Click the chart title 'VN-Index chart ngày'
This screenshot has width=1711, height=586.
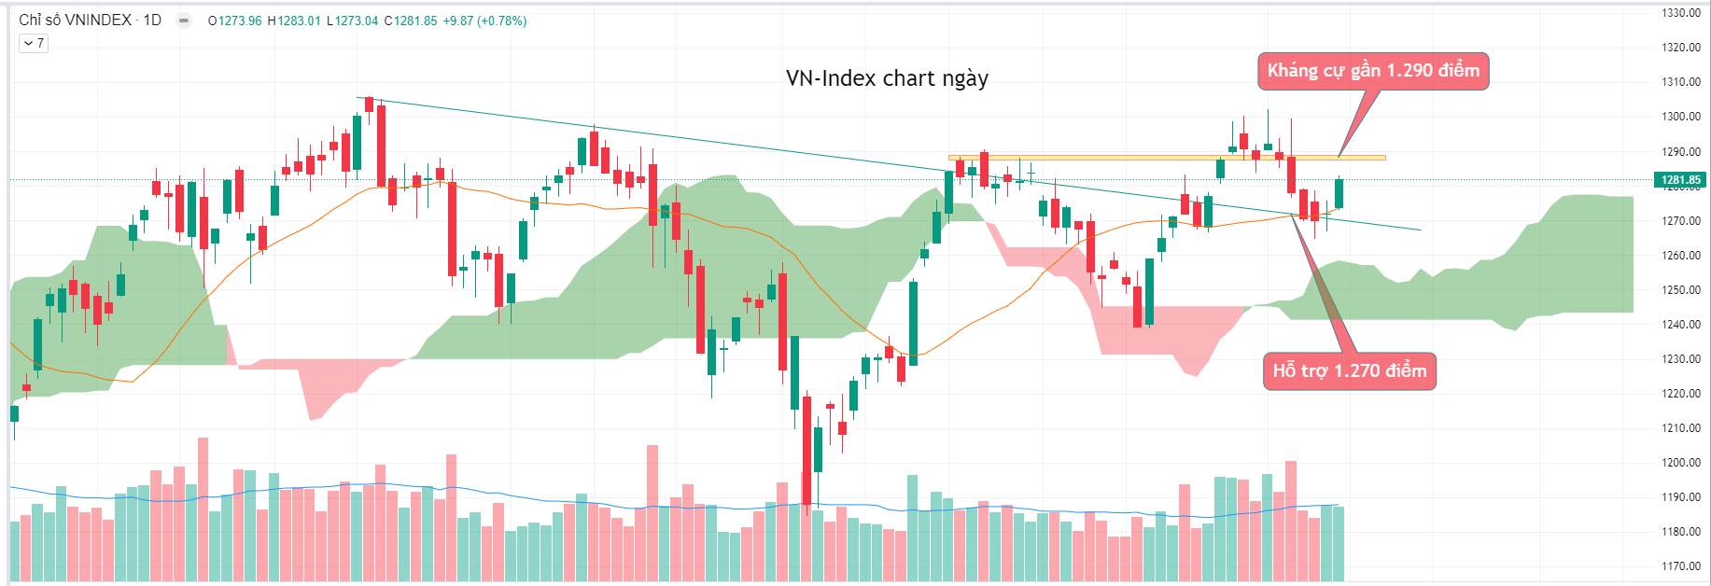[x=887, y=78]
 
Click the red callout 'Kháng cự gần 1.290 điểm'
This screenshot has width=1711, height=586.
[x=1373, y=71]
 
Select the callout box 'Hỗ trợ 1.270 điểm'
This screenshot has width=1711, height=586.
[x=1349, y=371]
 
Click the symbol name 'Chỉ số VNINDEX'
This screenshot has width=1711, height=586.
[x=75, y=21]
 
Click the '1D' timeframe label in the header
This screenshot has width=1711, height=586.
[x=152, y=21]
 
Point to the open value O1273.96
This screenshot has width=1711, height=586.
[x=234, y=21]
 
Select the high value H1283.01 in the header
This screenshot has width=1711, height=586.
[x=293, y=21]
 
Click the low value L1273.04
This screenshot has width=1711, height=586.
[x=352, y=21]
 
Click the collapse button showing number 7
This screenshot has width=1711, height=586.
[x=34, y=43]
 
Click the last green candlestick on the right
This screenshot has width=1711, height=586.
[x=1339, y=193]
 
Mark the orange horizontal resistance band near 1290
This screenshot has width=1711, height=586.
[x=1167, y=158]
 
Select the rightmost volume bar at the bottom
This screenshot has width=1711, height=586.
[x=1339, y=543]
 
